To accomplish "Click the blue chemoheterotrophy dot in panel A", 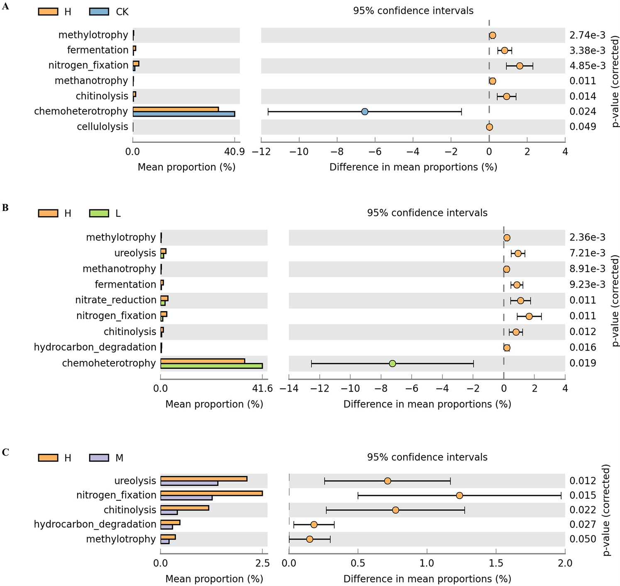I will point(364,111).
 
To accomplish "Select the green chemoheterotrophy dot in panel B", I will point(392,363).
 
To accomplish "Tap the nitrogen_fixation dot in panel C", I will point(459,495).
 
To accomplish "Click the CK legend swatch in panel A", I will point(99,12).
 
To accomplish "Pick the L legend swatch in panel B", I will point(99,213).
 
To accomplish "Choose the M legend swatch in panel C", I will point(99,458).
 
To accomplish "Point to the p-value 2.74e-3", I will point(587,35).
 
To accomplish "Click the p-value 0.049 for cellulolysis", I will point(583,127).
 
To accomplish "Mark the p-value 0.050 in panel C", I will point(583,539).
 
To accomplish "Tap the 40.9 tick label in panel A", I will point(234,152).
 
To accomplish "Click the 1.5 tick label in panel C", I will point(496,563).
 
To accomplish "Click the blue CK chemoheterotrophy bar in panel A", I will point(184,114).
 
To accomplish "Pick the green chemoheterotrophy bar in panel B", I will point(211,366).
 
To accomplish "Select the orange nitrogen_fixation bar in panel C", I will point(211,493).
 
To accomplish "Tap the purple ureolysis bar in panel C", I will point(189,483).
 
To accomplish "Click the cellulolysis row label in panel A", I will point(103,127).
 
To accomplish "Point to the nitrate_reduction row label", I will point(116,300).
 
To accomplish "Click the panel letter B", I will point(5,208).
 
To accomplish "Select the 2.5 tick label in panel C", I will point(262,563).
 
